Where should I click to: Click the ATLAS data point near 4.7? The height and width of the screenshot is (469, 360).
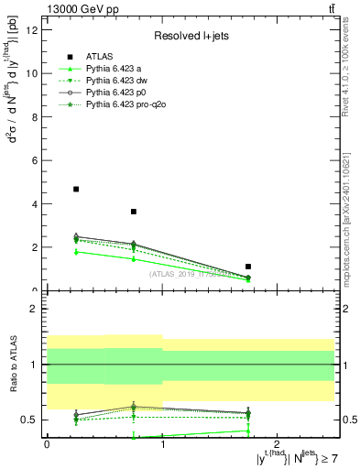tap(76, 189)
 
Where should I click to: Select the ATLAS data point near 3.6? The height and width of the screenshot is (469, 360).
tap(134, 212)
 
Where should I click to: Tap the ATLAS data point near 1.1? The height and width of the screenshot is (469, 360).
tap(248, 267)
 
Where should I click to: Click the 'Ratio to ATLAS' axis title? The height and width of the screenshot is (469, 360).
tap(13, 366)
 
